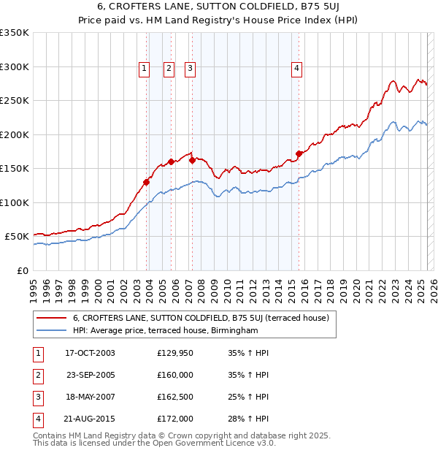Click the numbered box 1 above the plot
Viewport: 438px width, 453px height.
pyautogui.click(x=144, y=69)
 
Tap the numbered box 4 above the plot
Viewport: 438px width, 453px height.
pyautogui.click(x=297, y=69)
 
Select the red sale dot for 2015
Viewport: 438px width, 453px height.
pyautogui.click(x=299, y=153)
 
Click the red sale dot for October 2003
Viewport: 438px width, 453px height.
pyautogui.click(x=147, y=183)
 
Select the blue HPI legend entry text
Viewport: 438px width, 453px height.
pyautogui.click(x=166, y=330)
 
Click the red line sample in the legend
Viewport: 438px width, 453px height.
pyautogui.click(x=51, y=318)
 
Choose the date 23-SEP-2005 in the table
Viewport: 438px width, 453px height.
pyautogui.click(x=91, y=375)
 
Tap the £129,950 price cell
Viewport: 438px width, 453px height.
pyautogui.click(x=175, y=353)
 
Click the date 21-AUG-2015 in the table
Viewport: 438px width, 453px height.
pyautogui.click(x=91, y=419)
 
